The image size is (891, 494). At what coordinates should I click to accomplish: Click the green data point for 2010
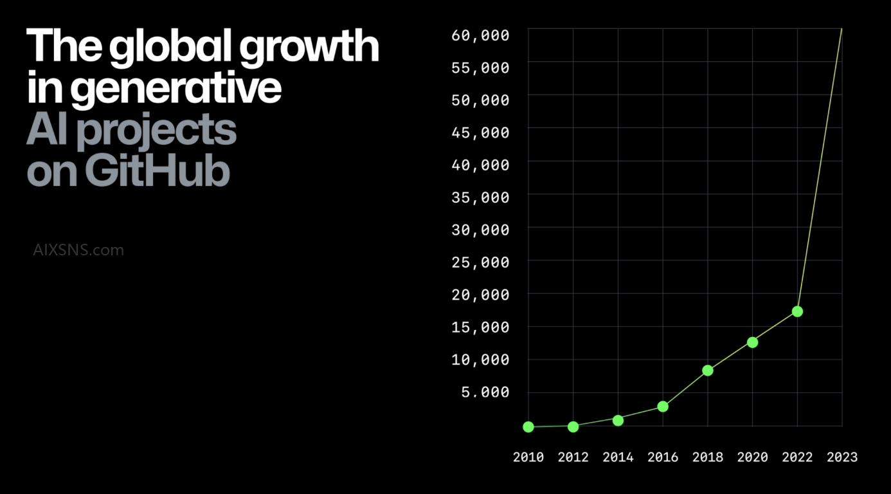click(x=528, y=426)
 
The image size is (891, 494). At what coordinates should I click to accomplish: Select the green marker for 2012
click(x=573, y=426)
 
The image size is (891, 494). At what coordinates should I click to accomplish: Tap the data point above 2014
click(x=618, y=420)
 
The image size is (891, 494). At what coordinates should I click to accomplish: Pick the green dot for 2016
click(x=663, y=407)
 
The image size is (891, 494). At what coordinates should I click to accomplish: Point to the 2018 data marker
click(x=708, y=370)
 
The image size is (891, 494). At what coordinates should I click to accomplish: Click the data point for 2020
click(x=752, y=342)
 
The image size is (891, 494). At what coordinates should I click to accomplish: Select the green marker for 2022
click(x=797, y=311)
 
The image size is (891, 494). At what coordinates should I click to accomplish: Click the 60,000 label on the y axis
click(x=480, y=35)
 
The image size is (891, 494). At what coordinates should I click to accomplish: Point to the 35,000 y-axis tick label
click(x=480, y=197)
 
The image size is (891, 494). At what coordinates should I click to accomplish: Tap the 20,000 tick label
click(x=480, y=295)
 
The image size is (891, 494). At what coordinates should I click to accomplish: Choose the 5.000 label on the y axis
click(x=485, y=392)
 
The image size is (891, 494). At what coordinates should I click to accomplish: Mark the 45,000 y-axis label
click(x=480, y=133)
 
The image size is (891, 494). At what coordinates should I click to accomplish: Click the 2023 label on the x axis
click(x=842, y=457)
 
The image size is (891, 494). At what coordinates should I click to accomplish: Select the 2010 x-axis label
click(x=528, y=457)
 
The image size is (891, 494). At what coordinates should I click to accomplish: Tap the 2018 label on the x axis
click(x=708, y=457)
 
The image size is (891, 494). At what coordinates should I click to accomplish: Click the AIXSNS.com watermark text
click(x=78, y=250)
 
